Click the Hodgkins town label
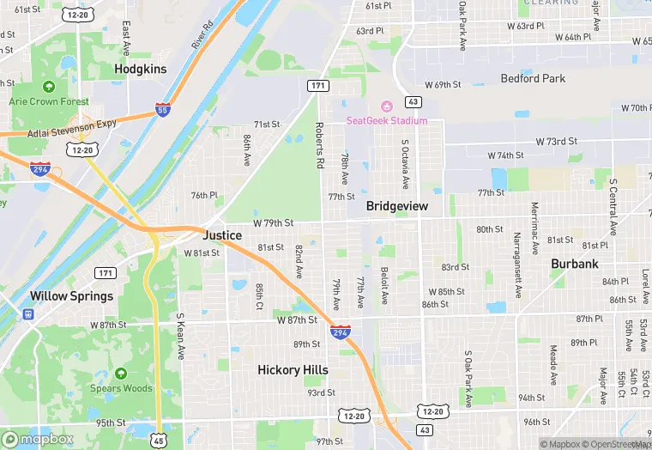click(x=142, y=68)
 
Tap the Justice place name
click(x=222, y=235)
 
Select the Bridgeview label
click(x=397, y=206)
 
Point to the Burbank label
click(x=575, y=264)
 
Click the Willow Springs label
click(x=71, y=296)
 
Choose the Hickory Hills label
click(x=293, y=370)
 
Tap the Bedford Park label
click(x=533, y=79)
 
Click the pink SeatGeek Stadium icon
click(x=386, y=106)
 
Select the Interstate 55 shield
click(x=163, y=109)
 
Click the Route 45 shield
click(x=159, y=441)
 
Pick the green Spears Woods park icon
click(x=121, y=374)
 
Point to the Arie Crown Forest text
click(x=49, y=101)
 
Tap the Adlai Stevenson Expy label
click(x=60, y=124)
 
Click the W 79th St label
click(x=274, y=222)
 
